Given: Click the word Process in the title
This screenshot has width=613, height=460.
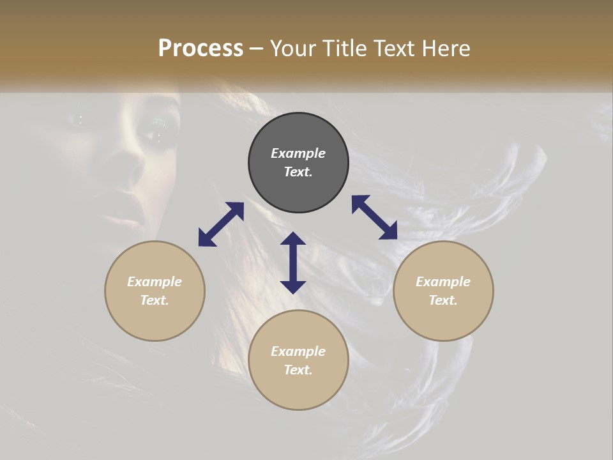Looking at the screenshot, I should (x=201, y=49).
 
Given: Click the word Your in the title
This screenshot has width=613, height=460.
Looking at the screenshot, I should (x=292, y=49).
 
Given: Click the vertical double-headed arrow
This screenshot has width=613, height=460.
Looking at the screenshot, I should (x=293, y=263).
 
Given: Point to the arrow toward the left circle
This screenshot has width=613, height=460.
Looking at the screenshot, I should (x=221, y=224).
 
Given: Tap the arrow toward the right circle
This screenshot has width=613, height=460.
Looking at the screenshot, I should (x=375, y=217).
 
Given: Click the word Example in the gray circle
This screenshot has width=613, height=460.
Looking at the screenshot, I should (x=298, y=153).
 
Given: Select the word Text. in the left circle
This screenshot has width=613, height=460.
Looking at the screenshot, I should (x=155, y=300).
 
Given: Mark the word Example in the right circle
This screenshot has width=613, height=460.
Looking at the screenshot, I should (x=443, y=282).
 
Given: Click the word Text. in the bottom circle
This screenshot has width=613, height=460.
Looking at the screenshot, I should (x=298, y=370).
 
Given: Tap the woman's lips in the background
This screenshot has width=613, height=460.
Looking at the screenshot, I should (x=131, y=217).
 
